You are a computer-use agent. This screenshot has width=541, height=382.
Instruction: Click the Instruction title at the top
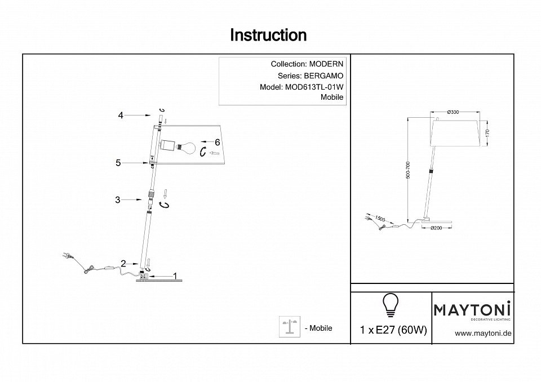click(268, 35)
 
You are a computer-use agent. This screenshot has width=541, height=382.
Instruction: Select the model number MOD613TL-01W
click(317, 87)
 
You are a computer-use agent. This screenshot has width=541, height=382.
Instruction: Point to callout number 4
click(121, 116)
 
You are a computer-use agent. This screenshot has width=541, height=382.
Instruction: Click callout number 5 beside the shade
click(118, 163)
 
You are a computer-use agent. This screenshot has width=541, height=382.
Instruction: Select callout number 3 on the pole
click(117, 199)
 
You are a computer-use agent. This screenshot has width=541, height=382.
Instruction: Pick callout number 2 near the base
click(123, 263)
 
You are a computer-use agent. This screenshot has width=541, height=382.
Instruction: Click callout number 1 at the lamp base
click(175, 276)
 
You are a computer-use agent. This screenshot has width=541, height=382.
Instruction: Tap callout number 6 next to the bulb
click(216, 142)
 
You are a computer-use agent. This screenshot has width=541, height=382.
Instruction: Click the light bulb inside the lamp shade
click(189, 148)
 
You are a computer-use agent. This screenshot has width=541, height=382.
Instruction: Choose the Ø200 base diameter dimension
click(437, 228)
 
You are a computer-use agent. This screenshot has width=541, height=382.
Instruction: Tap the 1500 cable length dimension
click(380, 218)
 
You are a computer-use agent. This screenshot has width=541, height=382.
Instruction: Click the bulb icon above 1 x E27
click(390, 305)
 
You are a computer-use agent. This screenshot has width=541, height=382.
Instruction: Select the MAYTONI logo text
click(472, 309)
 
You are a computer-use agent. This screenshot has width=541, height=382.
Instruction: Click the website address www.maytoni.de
click(483, 333)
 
